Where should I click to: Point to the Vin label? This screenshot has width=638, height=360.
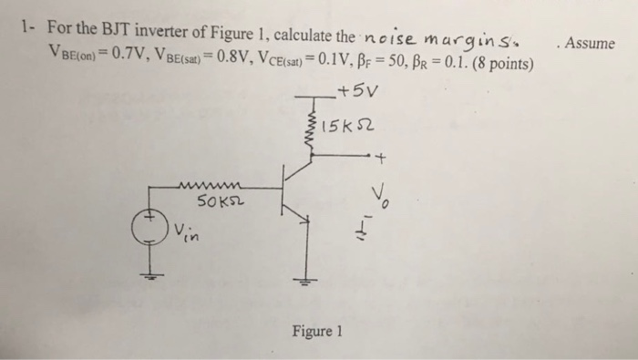point(185,234)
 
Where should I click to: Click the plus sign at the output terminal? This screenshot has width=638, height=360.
point(382,162)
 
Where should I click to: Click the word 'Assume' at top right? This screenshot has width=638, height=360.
point(590,44)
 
